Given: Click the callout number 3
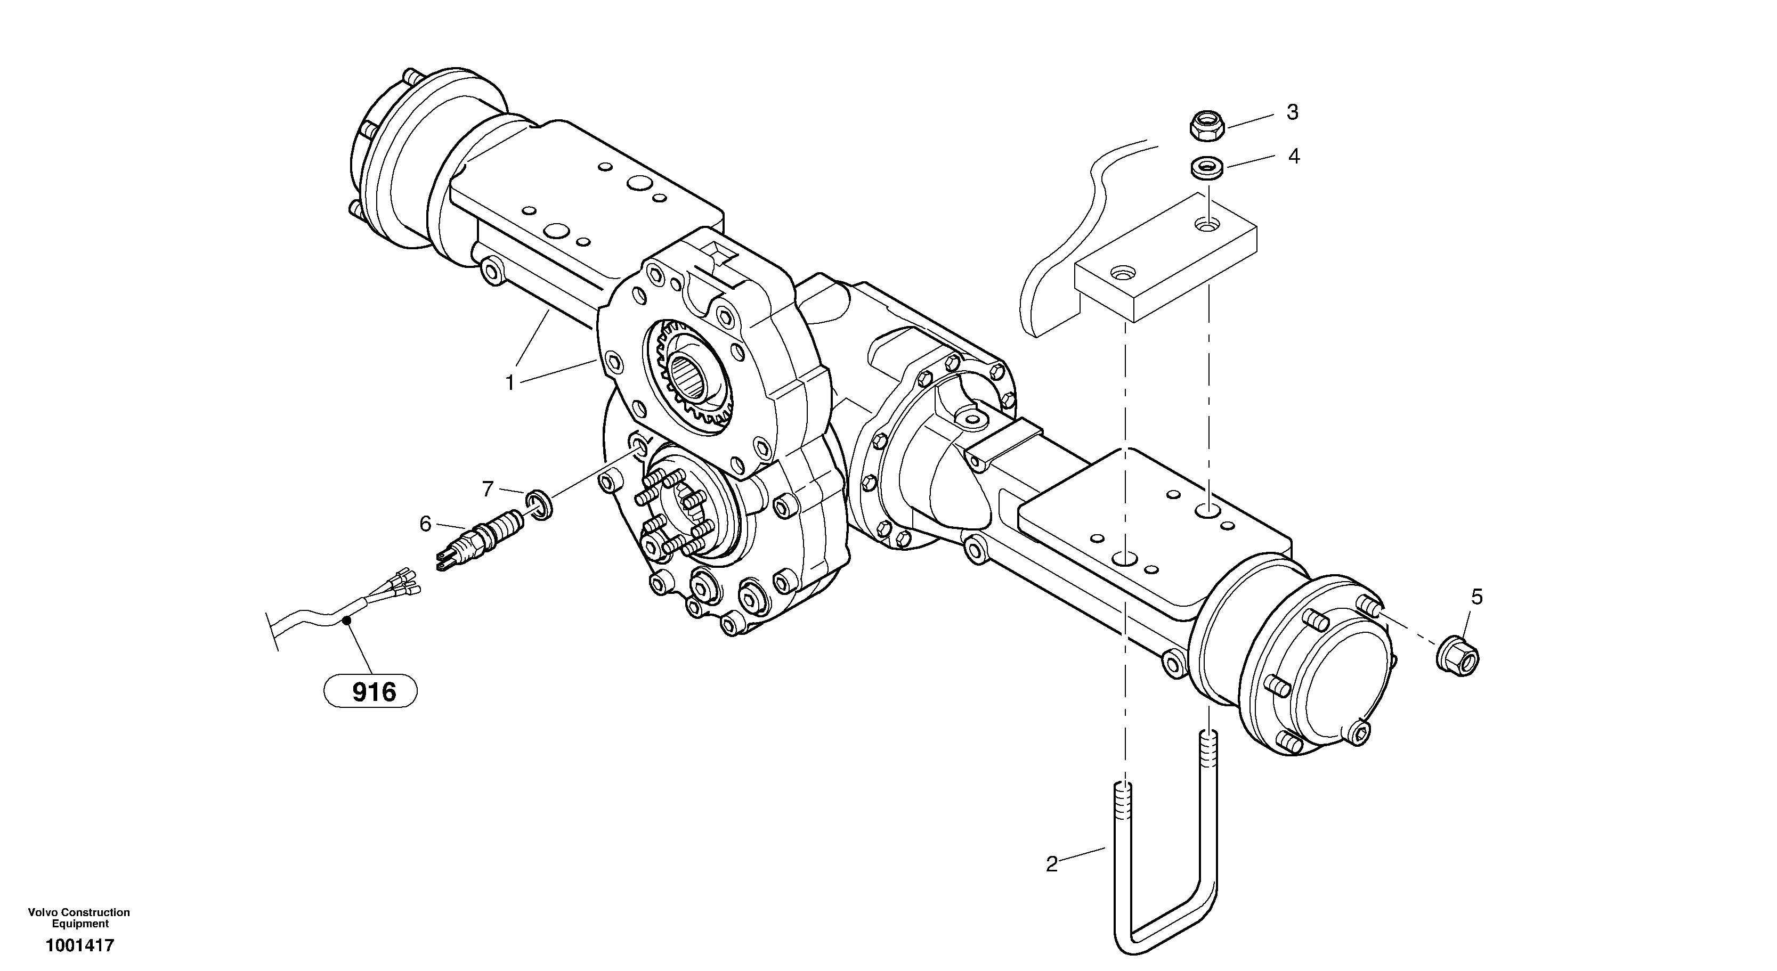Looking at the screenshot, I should [x=1292, y=112].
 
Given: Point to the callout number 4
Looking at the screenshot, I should [x=1293, y=157].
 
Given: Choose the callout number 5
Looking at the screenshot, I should [x=1476, y=597].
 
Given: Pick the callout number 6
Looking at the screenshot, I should [x=425, y=525].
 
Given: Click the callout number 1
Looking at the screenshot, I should [x=510, y=383].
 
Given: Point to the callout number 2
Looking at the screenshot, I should [x=1051, y=864].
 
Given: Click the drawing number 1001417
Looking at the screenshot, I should [x=79, y=945].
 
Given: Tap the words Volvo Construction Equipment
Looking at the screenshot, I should [x=79, y=918].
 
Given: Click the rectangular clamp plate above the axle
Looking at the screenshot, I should [x=1166, y=259].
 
